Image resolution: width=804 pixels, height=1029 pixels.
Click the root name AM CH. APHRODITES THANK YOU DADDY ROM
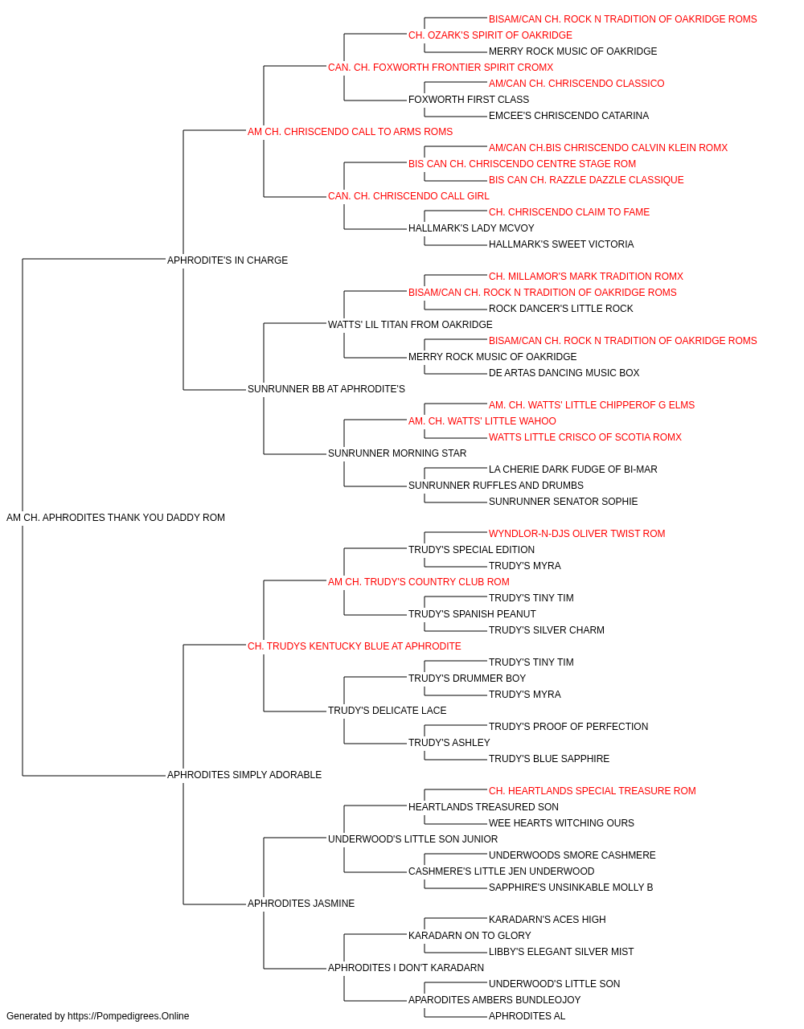[x=116, y=518]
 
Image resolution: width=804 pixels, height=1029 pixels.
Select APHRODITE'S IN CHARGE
[x=228, y=260]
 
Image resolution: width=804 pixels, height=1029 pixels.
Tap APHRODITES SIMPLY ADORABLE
[x=244, y=775]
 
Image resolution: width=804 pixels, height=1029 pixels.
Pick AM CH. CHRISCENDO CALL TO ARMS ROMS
[x=350, y=132]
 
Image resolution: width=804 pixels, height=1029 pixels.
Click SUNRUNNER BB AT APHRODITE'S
[x=326, y=389]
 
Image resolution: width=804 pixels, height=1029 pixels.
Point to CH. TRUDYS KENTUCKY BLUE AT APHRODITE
[x=355, y=646]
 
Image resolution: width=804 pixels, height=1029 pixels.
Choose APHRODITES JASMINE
[x=301, y=904]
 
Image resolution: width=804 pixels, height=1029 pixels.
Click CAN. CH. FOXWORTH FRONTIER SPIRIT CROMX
[x=441, y=68]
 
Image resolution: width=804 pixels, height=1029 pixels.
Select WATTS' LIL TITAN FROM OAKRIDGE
[x=410, y=324]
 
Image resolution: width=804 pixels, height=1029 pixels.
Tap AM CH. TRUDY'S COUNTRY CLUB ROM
[x=419, y=581]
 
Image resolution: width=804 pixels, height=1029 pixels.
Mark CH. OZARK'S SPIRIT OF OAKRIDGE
[x=490, y=35]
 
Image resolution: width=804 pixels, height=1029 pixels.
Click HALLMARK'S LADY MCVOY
[x=471, y=228]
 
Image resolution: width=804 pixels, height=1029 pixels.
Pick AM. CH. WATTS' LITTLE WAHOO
[x=482, y=421]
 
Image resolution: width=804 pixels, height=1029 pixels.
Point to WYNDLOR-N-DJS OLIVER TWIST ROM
[x=576, y=534]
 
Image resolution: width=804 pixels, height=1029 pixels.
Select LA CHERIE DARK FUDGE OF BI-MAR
[x=573, y=469]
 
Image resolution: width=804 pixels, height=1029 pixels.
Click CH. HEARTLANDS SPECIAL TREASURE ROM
[x=593, y=791]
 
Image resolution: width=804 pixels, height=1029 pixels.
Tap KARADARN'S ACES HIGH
[x=547, y=920]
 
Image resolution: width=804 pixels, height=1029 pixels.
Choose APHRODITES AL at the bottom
[x=527, y=1016]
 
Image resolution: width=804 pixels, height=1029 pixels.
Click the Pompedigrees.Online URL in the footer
[x=128, y=1016]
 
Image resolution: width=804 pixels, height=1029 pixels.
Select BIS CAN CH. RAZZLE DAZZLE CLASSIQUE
[x=586, y=180]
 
